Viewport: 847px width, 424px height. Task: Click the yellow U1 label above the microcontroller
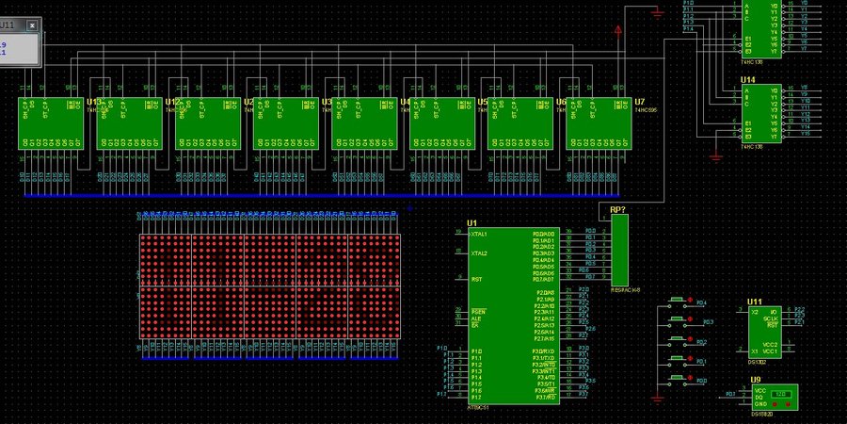pyautogui.click(x=472, y=223)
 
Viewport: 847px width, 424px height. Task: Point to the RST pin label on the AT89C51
pyautogui.click(x=476, y=279)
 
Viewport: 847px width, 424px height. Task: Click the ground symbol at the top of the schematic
pyautogui.click(x=656, y=11)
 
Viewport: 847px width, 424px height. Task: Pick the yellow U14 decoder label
pyautogui.click(x=748, y=80)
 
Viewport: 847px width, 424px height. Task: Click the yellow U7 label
pyautogui.click(x=639, y=101)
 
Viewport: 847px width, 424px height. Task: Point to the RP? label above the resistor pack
pyautogui.click(x=618, y=209)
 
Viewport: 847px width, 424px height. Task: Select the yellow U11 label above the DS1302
pyautogui.click(x=754, y=302)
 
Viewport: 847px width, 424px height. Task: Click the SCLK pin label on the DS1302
pyautogui.click(x=771, y=318)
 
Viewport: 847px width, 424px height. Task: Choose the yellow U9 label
pyautogui.click(x=756, y=380)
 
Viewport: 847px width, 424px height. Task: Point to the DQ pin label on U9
pyautogui.click(x=758, y=396)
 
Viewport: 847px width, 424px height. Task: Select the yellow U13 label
pyautogui.click(x=93, y=101)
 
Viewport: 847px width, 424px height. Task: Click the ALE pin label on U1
pyautogui.click(x=475, y=318)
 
